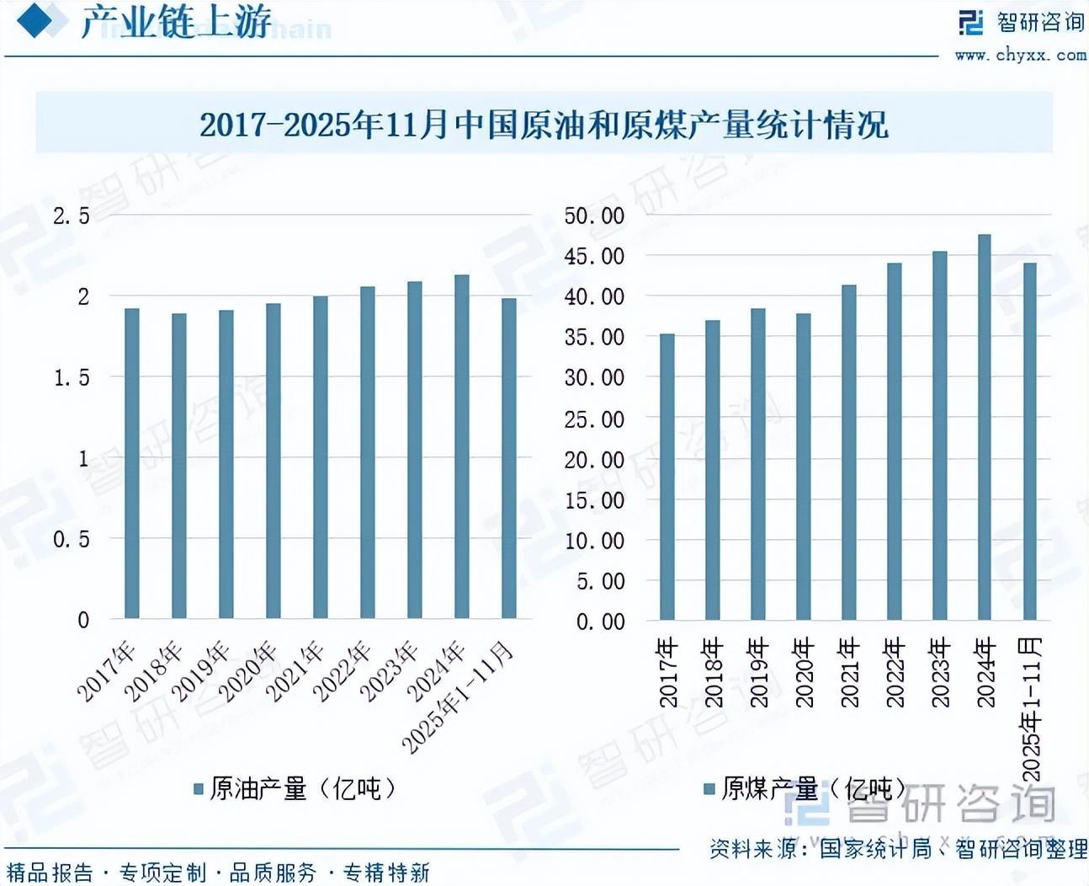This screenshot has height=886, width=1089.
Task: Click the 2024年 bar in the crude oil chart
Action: (461, 446)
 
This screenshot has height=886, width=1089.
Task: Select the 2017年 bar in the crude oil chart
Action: (131, 463)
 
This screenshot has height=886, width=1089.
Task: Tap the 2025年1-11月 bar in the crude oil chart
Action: (508, 458)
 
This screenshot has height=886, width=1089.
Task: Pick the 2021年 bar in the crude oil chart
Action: (320, 457)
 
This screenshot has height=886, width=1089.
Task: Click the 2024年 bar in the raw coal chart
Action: (984, 427)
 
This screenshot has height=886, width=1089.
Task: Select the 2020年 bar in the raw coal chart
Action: (803, 467)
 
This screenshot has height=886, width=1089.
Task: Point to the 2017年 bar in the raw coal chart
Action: (667, 477)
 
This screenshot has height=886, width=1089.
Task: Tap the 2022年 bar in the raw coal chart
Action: (894, 441)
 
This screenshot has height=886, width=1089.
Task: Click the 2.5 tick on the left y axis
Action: (72, 216)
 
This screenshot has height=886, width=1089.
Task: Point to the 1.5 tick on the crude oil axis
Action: (72, 378)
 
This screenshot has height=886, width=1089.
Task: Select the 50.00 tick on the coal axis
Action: (594, 216)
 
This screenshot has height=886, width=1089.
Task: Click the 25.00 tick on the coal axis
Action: (594, 419)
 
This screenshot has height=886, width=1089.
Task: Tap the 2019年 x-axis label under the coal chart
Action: (758, 672)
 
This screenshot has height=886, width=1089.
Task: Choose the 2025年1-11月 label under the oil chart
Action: (459, 697)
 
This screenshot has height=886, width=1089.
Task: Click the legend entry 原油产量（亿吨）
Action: (295, 789)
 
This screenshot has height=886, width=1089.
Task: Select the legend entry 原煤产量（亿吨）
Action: (805, 789)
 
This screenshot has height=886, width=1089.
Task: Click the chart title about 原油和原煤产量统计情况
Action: (544, 125)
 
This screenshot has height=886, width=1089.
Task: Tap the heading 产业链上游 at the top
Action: (176, 22)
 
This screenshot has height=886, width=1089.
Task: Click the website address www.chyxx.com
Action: (1020, 56)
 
